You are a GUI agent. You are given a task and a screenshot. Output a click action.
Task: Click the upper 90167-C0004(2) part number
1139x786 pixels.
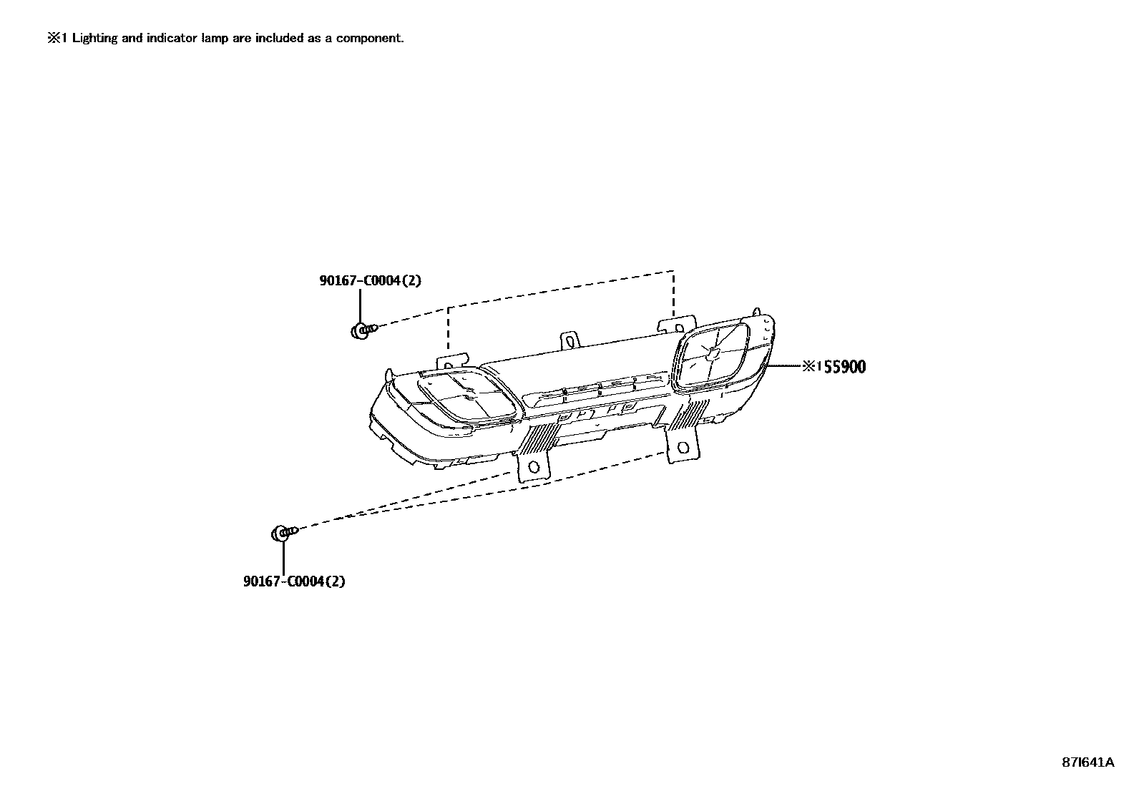click(x=370, y=280)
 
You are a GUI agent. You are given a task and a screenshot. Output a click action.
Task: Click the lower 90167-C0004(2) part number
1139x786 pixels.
click(x=294, y=581)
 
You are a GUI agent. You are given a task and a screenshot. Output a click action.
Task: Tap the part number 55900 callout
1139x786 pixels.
click(x=842, y=367)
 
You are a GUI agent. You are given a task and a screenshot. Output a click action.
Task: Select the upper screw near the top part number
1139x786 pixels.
click(x=363, y=330)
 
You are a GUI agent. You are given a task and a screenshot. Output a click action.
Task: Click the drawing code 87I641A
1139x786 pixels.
click(x=1087, y=762)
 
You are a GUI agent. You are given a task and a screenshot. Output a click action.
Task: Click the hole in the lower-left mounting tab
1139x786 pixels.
click(x=533, y=468)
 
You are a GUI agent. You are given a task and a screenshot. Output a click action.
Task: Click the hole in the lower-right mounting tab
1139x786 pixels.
click(x=683, y=448)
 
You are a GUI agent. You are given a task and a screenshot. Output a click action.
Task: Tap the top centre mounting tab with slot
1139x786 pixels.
click(x=570, y=340)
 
